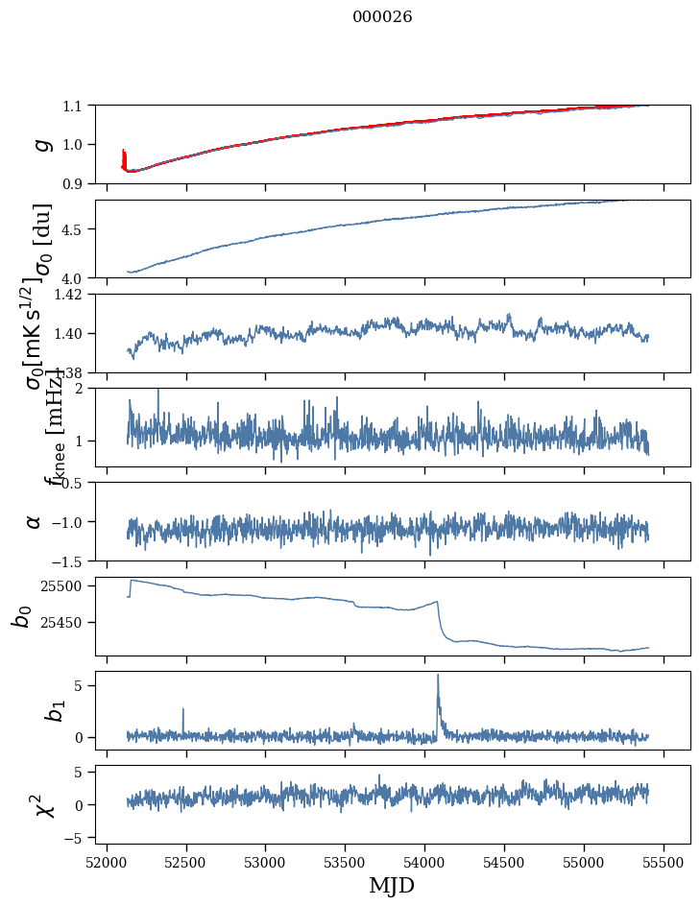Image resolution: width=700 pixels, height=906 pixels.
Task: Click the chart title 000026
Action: pos(382,17)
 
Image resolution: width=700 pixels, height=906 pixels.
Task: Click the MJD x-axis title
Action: pos(392,886)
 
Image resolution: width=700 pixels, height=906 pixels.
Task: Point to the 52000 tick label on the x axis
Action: pos(107,862)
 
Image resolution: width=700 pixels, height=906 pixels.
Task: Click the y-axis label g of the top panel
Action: pos(40,144)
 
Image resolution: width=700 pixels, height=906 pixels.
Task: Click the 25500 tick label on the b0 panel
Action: pos(67,585)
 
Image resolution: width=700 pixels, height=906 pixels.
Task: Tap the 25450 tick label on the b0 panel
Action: pos(67,622)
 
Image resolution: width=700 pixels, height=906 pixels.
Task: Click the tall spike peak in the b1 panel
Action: pos(438,675)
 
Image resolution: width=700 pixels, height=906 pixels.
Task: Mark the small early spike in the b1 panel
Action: pos(182,709)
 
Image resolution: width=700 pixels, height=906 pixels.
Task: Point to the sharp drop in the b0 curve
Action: pos(441,619)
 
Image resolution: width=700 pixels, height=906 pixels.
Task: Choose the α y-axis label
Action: pos(35,521)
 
